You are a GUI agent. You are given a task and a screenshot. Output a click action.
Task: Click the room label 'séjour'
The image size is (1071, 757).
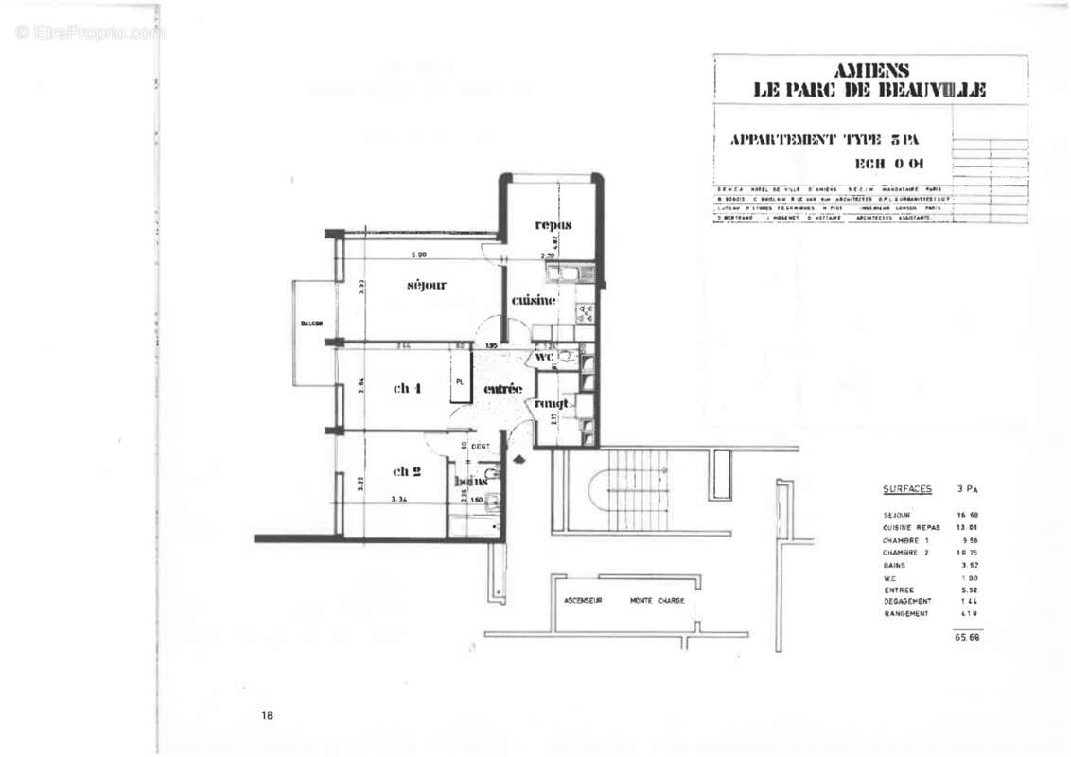click(427, 285)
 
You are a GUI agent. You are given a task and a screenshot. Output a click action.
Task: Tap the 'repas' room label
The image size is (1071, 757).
click(553, 224)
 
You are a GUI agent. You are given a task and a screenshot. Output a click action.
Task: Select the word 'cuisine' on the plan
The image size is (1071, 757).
click(534, 301)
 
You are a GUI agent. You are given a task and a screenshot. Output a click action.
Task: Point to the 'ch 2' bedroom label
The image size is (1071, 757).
click(407, 471)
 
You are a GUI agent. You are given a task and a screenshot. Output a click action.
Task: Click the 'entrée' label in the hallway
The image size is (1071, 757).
click(502, 389)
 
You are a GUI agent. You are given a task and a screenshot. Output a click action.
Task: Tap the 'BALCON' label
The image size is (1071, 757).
click(312, 323)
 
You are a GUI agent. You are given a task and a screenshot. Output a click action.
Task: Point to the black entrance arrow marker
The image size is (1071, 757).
click(519, 459)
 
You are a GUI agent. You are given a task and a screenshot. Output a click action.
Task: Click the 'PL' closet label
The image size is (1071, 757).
click(460, 381)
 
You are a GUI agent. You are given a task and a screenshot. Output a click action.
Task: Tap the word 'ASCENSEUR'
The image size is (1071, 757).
click(584, 601)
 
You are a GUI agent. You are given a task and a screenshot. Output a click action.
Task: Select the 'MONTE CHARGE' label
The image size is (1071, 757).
click(657, 601)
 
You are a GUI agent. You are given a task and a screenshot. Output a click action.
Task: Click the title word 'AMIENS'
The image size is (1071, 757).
click(870, 70)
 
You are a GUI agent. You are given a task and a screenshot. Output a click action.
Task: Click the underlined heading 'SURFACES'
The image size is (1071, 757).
click(907, 489)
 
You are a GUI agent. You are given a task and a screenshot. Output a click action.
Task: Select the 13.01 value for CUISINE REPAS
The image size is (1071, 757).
click(966, 527)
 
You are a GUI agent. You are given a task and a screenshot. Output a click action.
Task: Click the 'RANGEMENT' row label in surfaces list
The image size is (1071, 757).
click(906, 613)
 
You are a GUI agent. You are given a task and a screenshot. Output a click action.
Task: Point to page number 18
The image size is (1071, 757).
click(267, 715)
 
